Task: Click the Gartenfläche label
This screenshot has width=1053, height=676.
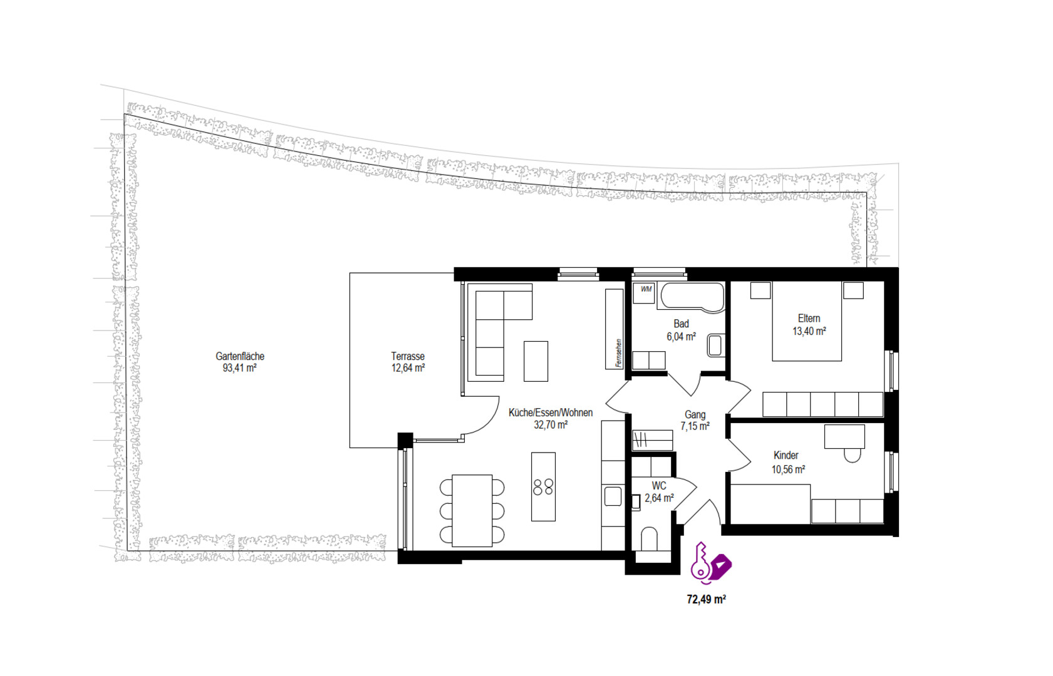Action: [240, 356]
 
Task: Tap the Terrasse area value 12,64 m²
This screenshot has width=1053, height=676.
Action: [408, 368]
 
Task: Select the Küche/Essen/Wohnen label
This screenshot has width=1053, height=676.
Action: [551, 412]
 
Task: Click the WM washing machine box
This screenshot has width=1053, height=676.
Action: [643, 293]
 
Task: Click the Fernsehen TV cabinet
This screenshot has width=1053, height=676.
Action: [614, 329]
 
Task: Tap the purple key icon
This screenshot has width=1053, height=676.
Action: [700, 563]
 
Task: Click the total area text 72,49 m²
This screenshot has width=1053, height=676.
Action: [706, 600]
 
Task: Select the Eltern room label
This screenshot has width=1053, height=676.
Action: [809, 318]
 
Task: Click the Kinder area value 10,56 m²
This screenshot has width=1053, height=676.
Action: [788, 469]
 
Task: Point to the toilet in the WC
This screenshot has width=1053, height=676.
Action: [649, 538]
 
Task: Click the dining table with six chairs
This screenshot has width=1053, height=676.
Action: [472, 511]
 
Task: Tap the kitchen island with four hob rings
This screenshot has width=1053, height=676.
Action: [543, 487]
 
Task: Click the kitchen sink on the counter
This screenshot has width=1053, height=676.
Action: [613, 496]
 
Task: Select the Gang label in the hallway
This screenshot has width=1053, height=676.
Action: [695, 414]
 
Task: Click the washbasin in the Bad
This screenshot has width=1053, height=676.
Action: [715, 345]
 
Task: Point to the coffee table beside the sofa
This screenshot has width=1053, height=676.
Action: [536, 361]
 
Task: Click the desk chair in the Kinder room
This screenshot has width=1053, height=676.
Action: [853, 455]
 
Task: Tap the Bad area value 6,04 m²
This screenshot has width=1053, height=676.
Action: [681, 336]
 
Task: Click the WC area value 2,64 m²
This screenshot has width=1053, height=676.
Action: [659, 498]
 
